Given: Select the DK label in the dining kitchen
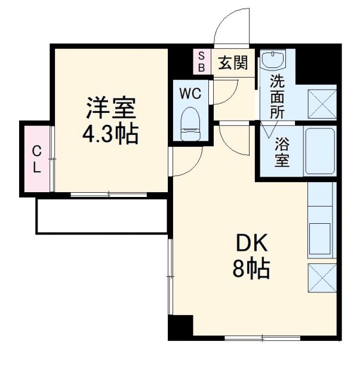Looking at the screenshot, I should coord(251,243).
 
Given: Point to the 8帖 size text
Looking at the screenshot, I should coord(251,270).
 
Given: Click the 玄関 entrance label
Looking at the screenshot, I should coord(232,63).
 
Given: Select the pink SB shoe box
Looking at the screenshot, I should coord(202,61).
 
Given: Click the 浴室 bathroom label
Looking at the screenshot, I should coord(282,152).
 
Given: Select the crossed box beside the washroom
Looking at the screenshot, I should coord(321,103).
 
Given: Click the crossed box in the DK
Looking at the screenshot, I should coord(322,276).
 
